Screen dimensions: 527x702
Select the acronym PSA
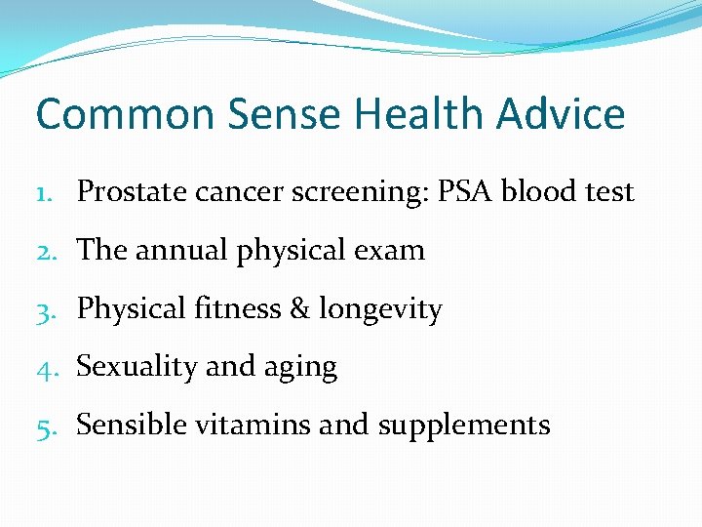465,191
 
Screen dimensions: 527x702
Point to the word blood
537,191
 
